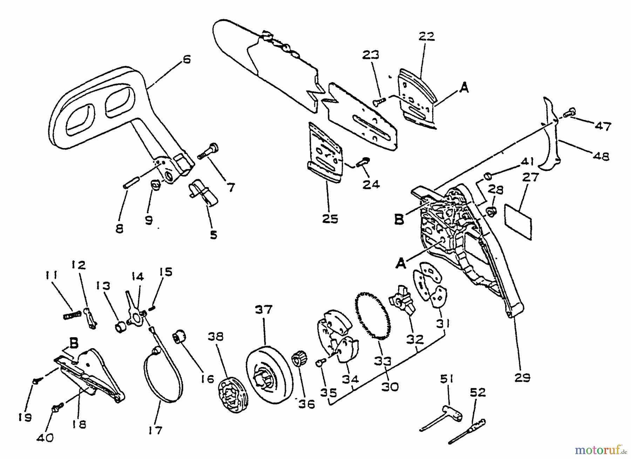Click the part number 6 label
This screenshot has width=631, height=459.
(187, 59)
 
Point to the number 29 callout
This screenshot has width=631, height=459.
(522, 378)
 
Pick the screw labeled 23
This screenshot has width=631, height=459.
(377, 101)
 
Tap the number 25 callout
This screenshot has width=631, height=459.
(330, 219)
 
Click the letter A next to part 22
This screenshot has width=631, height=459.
(464, 88)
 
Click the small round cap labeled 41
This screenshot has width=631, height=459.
(487, 175)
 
